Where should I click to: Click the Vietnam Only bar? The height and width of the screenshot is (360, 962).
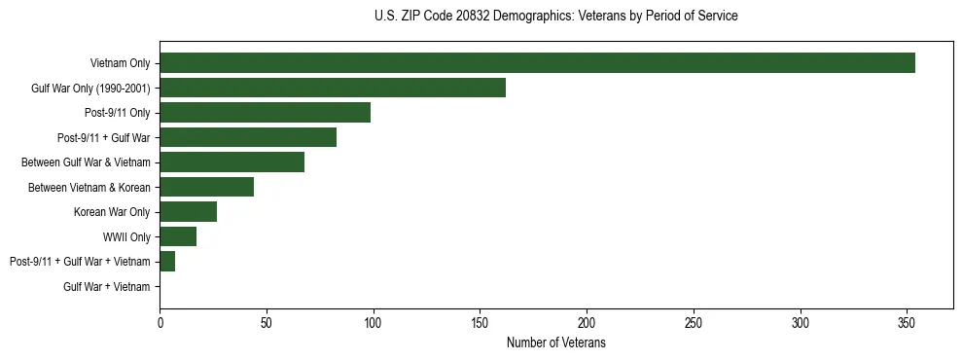tap(537, 63)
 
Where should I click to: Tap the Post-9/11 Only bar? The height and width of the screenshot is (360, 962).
tap(265, 113)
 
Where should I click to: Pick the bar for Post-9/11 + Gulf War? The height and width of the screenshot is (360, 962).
tap(248, 137)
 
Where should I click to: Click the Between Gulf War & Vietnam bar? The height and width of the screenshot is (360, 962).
tap(232, 162)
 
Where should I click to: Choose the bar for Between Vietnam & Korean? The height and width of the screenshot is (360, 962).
tap(206, 187)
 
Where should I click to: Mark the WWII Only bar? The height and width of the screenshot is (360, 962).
tap(178, 236)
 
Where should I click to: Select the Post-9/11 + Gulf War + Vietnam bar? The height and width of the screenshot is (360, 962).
tap(167, 262)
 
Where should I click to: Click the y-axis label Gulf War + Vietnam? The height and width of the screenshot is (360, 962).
tap(107, 287)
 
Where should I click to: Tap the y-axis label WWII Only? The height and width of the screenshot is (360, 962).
tap(126, 236)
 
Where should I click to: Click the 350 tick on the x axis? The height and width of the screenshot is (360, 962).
tap(907, 322)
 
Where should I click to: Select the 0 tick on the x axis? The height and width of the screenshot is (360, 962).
tap(160, 322)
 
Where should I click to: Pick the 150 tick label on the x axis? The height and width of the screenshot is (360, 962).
tap(480, 322)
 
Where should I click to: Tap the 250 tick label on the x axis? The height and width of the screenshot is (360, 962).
tap(694, 322)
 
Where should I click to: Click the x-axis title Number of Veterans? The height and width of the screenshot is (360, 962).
tap(555, 342)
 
